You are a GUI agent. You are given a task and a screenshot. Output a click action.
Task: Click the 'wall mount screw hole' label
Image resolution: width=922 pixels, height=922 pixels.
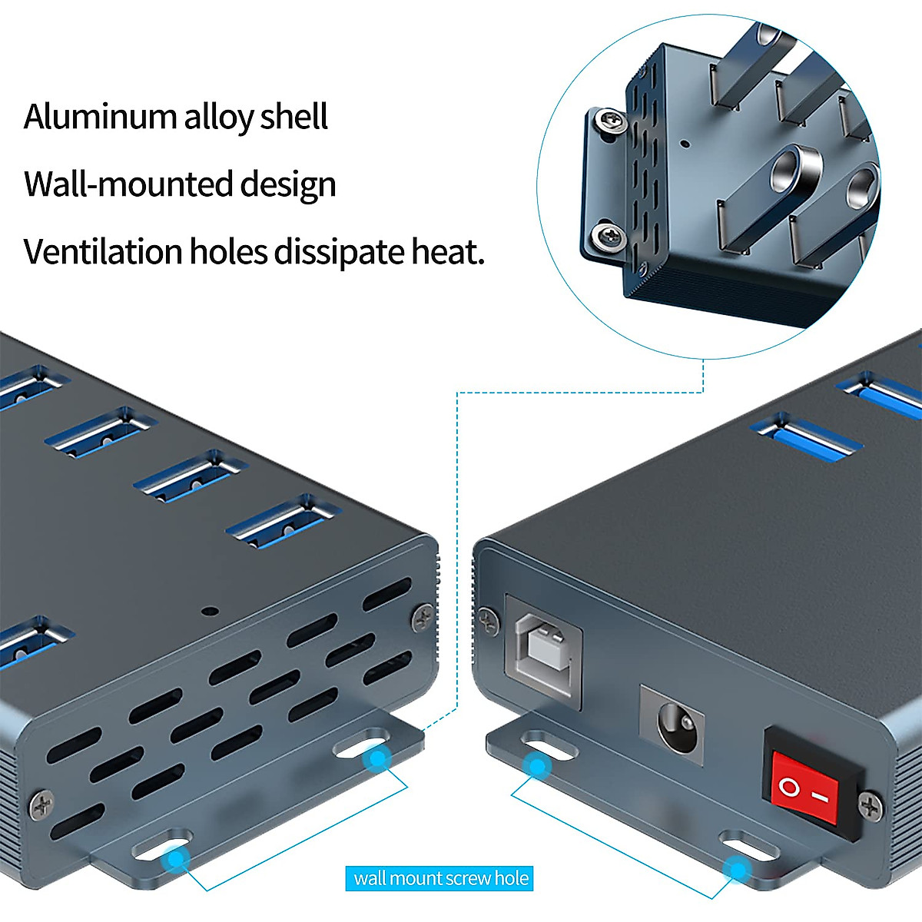click(440, 878)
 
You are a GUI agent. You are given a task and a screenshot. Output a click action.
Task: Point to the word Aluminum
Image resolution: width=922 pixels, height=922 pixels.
click(100, 117)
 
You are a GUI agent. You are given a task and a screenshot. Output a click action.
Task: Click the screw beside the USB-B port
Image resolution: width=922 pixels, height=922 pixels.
click(487, 619)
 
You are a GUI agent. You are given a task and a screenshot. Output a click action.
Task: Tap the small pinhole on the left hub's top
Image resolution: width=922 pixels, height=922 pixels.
click(208, 612)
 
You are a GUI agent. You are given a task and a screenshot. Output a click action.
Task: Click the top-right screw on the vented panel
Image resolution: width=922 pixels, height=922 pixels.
click(423, 616)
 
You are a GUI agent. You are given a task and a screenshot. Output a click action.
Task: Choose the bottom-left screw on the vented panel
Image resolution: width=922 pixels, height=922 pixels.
click(41, 804)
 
